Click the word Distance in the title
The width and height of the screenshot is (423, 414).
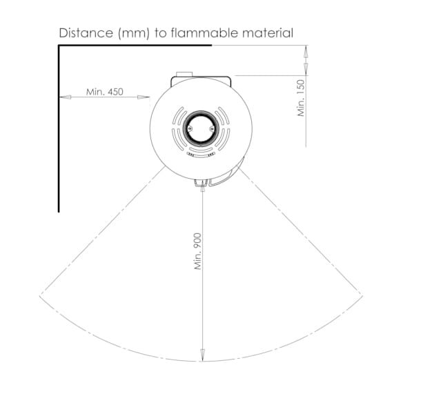coord(86,33)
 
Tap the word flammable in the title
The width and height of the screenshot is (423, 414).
coord(204,33)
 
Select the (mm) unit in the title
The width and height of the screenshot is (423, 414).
coord(134,33)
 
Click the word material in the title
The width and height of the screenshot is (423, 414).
coord(268,33)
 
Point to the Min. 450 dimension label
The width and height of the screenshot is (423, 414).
coord(105,92)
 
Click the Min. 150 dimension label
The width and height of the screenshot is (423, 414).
coord(301,98)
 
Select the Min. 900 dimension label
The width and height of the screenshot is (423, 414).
coord(198,251)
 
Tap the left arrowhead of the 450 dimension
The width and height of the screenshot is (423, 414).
coord(65,97)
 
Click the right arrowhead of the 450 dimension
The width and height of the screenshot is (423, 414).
coord(144,97)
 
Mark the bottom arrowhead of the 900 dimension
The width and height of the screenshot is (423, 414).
coord(202,355)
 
